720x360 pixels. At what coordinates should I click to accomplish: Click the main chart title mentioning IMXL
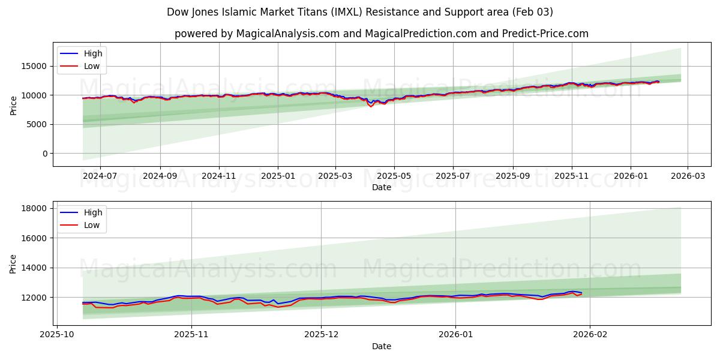click(x=360, y=12)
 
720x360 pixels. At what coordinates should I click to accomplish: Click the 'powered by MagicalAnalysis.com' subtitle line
click(x=382, y=34)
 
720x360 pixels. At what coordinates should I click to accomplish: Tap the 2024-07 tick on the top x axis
click(x=100, y=176)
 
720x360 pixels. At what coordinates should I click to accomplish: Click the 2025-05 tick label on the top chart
click(x=394, y=176)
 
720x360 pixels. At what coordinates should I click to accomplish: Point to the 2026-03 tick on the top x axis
click(x=688, y=176)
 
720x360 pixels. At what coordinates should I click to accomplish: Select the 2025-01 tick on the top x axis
click(x=278, y=176)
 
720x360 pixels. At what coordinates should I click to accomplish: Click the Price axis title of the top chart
click(x=13, y=104)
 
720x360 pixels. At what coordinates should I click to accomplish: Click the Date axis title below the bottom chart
click(x=382, y=346)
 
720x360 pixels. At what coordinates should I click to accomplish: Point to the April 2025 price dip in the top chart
click(x=371, y=106)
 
